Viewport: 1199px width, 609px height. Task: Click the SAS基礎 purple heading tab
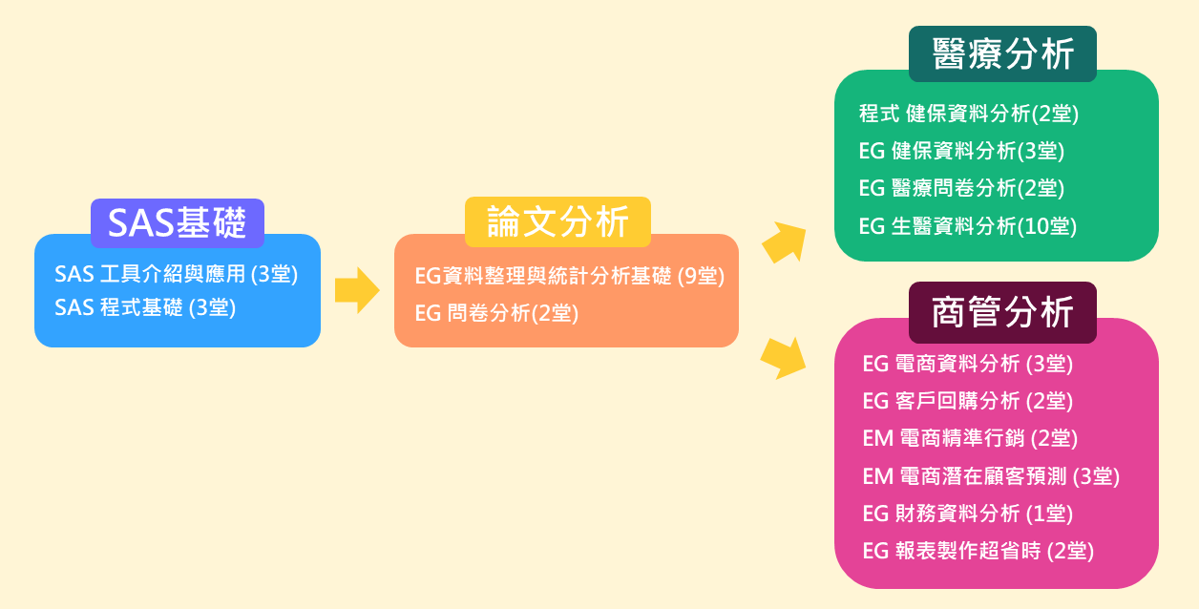[x=178, y=222]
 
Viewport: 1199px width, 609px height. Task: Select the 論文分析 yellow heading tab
[x=557, y=221]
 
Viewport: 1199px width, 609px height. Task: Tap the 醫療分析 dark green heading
[x=1002, y=53]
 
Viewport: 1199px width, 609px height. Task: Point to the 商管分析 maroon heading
[x=1002, y=312]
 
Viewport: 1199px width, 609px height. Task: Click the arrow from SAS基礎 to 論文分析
[x=357, y=290]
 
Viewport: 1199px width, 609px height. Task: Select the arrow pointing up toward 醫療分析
[x=785, y=242]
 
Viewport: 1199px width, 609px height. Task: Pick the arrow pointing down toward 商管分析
[x=784, y=358]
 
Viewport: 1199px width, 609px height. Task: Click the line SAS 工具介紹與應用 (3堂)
[x=176, y=274]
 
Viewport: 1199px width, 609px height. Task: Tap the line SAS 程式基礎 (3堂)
[x=145, y=307]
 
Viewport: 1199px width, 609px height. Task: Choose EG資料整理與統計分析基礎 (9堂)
[x=570, y=276]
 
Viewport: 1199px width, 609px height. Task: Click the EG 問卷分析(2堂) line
[x=496, y=313]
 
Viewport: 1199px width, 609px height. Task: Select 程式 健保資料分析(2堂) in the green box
[x=969, y=114]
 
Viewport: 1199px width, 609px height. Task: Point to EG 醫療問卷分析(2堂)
[x=961, y=188]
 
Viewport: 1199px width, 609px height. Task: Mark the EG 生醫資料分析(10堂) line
[x=968, y=226]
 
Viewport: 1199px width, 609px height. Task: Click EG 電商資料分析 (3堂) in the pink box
[x=968, y=364]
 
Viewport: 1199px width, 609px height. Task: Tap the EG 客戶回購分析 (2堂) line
[x=968, y=401]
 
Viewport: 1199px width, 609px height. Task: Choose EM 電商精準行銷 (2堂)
[x=970, y=438]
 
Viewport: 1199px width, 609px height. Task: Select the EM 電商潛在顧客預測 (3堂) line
[x=991, y=476]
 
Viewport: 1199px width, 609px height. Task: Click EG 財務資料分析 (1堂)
[x=968, y=514]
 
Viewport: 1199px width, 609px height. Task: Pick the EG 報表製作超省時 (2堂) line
[x=978, y=551]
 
